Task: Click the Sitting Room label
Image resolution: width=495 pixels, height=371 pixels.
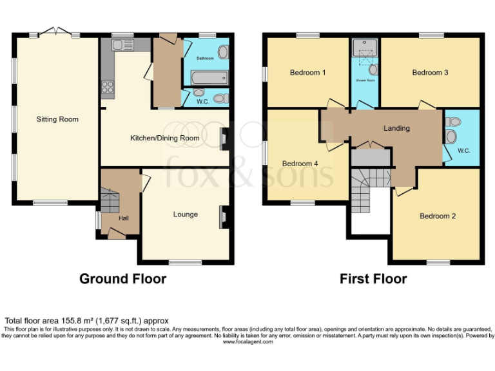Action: [x=57, y=119]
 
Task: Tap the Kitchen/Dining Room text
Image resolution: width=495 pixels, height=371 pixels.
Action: [x=164, y=138]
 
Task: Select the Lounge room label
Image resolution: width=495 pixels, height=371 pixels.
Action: [x=185, y=214]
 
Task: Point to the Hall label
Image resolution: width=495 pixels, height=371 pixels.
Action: [x=124, y=218]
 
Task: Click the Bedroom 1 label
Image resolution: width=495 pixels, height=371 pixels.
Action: [x=307, y=73]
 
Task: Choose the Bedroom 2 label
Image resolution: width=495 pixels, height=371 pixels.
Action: [x=438, y=216]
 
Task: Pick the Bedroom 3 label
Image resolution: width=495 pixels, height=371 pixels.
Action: [x=430, y=73]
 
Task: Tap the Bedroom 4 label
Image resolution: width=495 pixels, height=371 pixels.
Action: [x=300, y=164]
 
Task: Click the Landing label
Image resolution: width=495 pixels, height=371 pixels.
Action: [x=396, y=128]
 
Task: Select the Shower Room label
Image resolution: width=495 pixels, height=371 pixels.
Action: [x=365, y=81]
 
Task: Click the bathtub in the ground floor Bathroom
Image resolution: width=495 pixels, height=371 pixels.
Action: [x=206, y=79]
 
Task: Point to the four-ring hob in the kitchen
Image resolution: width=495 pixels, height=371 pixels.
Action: [x=108, y=87]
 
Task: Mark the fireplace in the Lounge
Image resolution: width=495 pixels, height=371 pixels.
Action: [x=223, y=217]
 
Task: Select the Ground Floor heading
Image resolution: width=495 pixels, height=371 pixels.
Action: [x=122, y=279]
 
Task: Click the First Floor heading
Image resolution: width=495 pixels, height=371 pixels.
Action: [x=373, y=279]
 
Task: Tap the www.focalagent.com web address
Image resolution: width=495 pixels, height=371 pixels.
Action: [x=247, y=342]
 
